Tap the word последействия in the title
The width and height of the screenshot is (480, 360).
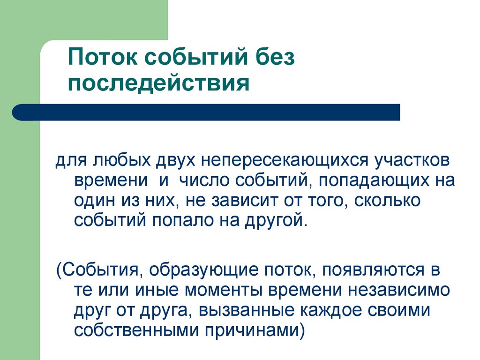(x=159, y=84)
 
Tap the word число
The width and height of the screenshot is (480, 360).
(x=203, y=180)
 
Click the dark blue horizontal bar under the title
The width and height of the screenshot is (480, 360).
(x=206, y=112)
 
